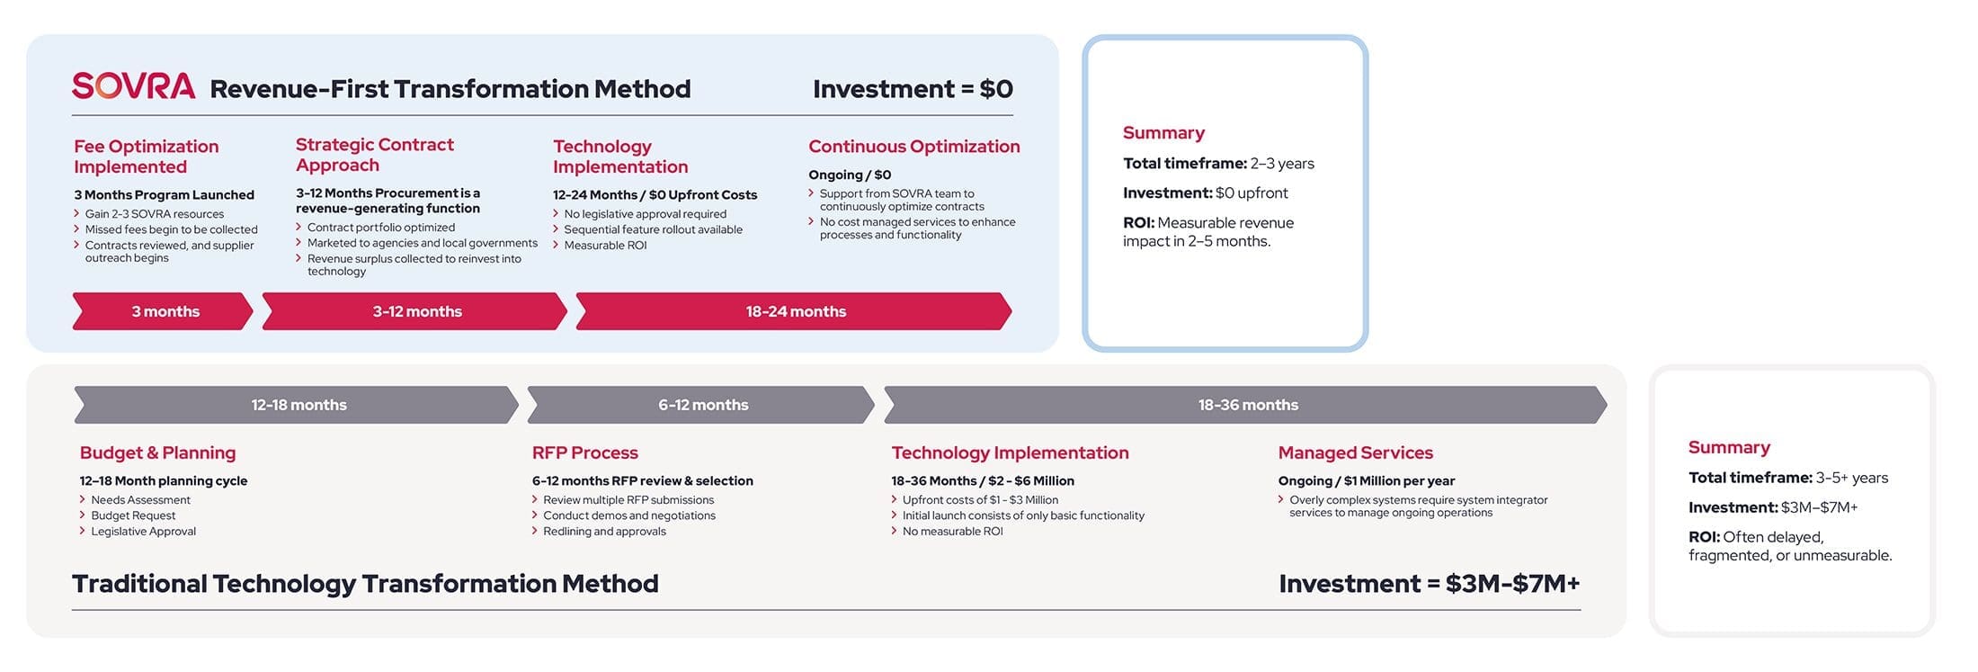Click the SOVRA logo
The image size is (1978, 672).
(x=133, y=85)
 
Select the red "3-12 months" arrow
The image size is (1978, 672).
(x=414, y=311)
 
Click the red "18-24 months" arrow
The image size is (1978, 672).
(x=794, y=311)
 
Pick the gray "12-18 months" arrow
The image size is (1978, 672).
(x=297, y=405)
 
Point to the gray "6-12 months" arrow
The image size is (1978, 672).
(x=700, y=405)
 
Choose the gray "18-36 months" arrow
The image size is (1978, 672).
(x=1245, y=405)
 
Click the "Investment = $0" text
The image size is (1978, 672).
(x=913, y=89)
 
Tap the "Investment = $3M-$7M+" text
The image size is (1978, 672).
(x=1430, y=584)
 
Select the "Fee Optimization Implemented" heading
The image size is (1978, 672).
(x=147, y=157)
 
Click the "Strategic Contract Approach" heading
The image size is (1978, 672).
(x=375, y=155)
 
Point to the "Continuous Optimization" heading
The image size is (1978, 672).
(x=914, y=147)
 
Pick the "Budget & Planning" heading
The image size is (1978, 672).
(x=158, y=452)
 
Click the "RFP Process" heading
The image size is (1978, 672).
(x=585, y=452)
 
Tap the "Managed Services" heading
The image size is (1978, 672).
(x=1356, y=452)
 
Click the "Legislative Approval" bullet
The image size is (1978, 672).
(x=143, y=532)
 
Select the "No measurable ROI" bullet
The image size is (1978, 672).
(x=953, y=532)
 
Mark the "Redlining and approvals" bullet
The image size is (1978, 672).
(x=604, y=532)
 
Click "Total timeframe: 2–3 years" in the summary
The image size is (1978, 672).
(x=1218, y=164)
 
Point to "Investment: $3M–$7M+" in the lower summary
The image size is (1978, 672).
(x=1773, y=507)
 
